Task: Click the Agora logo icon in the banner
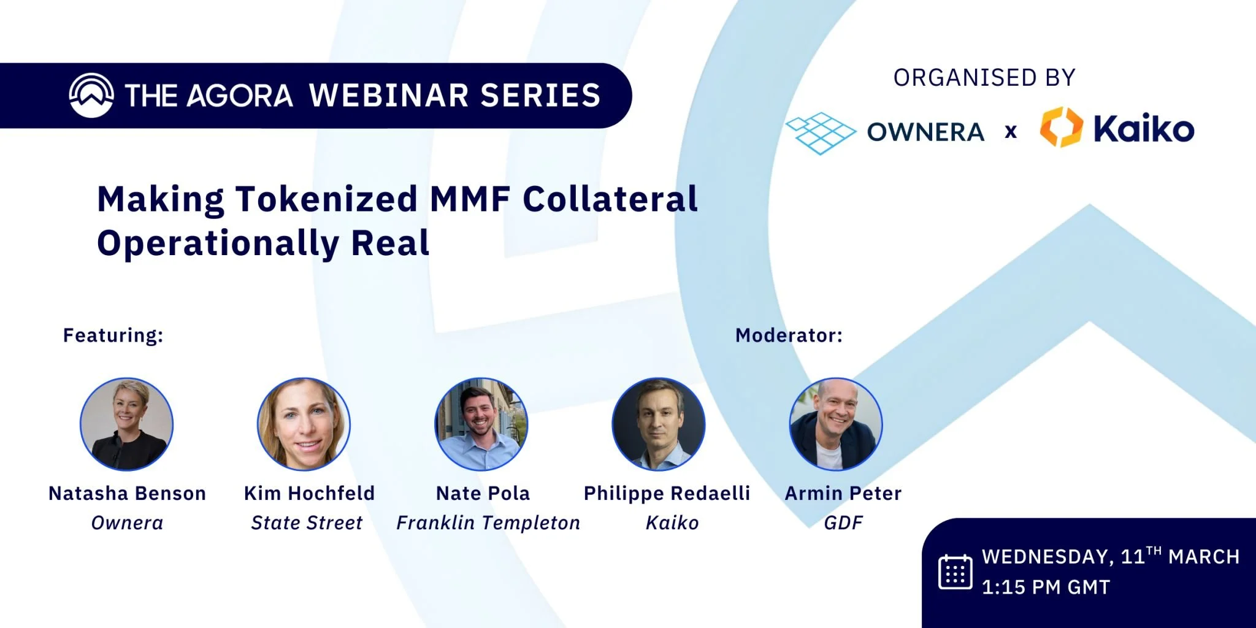tap(91, 95)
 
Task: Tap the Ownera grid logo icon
tap(821, 132)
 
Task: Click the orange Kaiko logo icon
tap(1061, 128)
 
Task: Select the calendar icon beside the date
tap(955, 572)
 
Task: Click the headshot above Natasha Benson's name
tap(127, 424)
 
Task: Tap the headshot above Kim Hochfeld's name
tap(304, 424)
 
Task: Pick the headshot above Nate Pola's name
tap(481, 424)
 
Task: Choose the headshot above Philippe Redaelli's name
tap(659, 424)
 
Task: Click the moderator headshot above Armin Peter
tap(836, 424)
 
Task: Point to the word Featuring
tap(113, 335)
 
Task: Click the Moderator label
tap(789, 335)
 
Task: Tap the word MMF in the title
tap(470, 199)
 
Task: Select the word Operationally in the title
tap(218, 243)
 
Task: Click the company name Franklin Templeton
tap(488, 523)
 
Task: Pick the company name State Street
tap(307, 523)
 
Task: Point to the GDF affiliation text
tap(843, 523)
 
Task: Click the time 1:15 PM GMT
tap(1046, 588)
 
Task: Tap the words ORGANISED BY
tap(984, 78)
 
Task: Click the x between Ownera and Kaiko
tap(1011, 131)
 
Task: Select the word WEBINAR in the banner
tap(389, 96)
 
